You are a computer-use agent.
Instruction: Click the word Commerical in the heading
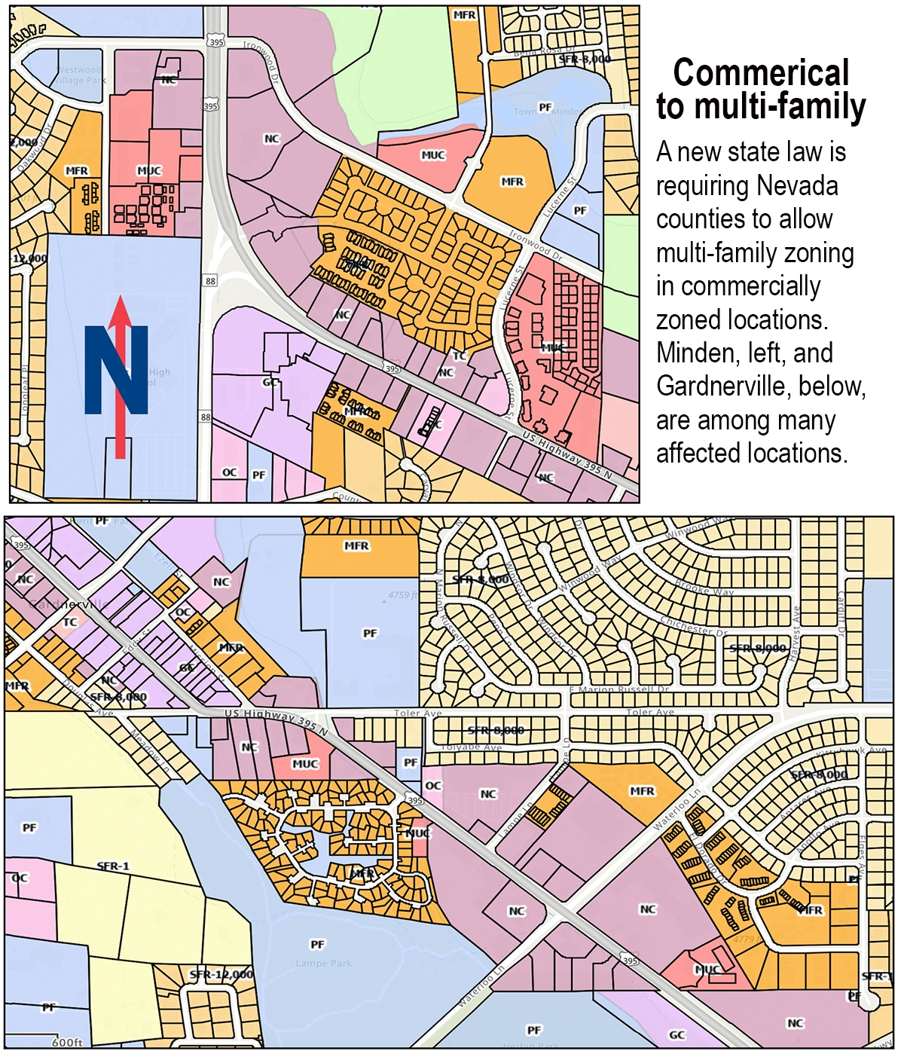761,73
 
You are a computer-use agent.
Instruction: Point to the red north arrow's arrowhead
120,311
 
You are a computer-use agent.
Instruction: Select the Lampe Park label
323,964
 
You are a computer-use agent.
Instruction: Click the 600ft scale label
67,1043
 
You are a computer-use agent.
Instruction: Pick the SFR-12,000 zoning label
221,975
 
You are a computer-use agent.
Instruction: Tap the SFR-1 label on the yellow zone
113,866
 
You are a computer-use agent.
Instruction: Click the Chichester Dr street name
693,626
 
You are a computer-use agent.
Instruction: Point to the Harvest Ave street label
794,625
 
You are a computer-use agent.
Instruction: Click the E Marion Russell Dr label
618,690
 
